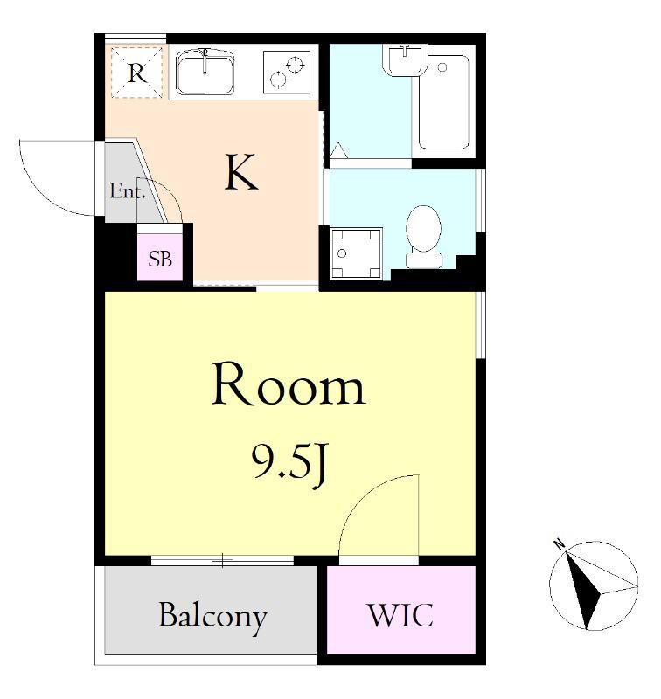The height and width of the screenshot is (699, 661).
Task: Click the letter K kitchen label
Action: [241, 172]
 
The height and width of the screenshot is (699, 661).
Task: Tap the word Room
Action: [289, 384]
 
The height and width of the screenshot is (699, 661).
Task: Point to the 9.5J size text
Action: [291, 464]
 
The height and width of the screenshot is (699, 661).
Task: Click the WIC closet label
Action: [400, 616]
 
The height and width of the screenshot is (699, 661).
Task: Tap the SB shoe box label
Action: [160, 259]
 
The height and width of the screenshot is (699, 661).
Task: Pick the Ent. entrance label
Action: [128, 191]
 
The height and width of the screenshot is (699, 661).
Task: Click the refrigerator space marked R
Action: [136, 73]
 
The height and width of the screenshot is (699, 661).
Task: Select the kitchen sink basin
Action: [205, 73]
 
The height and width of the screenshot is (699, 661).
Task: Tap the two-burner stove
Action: [286, 73]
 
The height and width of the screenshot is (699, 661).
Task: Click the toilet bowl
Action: [424, 236]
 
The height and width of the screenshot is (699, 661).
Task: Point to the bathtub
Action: [444, 102]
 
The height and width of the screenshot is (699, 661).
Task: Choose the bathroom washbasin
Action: [405, 59]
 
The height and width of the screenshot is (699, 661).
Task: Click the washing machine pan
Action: [356, 253]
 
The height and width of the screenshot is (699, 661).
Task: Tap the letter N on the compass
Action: [558, 543]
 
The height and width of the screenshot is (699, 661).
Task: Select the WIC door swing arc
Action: [367, 498]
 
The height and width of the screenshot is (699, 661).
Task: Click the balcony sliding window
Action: [222, 560]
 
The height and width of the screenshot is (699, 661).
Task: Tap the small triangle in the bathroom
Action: [338, 150]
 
